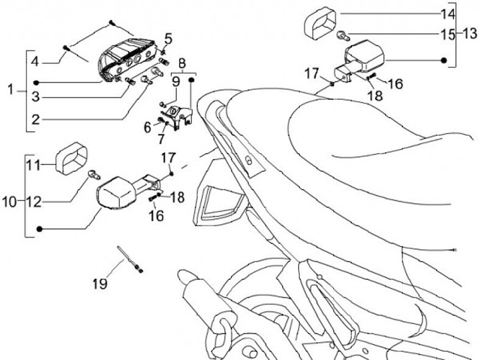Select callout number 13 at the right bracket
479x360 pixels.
click(x=470, y=33)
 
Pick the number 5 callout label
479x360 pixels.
click(x=168, y=38)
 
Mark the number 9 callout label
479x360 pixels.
click(x=176, y=82)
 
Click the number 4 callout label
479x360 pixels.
click(x=35, y=62)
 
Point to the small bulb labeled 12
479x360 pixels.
click(x=94, y=175)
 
